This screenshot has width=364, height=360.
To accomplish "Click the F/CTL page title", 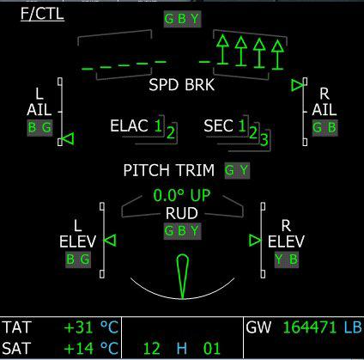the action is pos(42,14).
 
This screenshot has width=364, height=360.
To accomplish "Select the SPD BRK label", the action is pos(182,85).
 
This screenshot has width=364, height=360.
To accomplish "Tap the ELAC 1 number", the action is pos(158,125).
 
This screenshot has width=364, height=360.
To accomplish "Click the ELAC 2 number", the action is pos(171,132).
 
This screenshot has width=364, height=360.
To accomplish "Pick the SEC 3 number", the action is pos(264,139).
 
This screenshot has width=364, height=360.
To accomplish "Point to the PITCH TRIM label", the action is pos(169,170).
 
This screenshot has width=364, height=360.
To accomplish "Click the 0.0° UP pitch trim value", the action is pos(182,195).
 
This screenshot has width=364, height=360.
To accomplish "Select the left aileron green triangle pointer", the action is pos(68,139).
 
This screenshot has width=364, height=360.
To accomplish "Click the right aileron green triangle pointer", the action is pos(297,85).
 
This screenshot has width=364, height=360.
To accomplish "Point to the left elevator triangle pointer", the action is pos(110,240).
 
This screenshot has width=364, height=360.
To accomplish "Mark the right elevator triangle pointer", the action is pos(255,241).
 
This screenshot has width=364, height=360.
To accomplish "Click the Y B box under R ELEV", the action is pos(287,259).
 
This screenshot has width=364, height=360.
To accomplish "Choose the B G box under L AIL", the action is pos(39,128).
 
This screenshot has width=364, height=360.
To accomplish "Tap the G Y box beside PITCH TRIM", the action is pos(237,171).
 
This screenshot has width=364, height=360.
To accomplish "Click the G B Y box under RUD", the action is pos(182,231).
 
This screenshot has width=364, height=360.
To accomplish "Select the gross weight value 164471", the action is pos(310,327).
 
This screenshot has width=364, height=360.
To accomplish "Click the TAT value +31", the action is pos(78,327).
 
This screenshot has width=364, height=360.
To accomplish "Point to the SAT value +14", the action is pos(79,348).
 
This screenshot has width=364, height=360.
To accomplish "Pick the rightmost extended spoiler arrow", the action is pos(277,55).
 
